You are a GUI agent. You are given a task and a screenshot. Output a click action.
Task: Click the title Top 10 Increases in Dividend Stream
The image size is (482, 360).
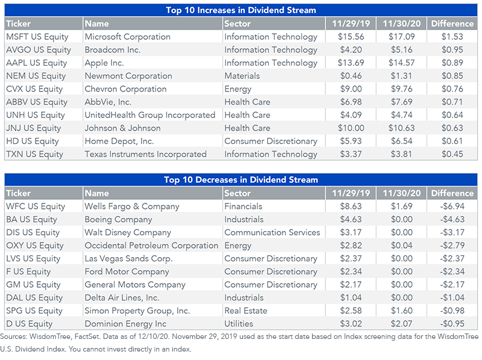pyautogui.click(x=241, y=10)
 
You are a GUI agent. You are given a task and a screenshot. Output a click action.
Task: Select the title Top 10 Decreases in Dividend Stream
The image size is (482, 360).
pyautogui.click(x=241, y=179)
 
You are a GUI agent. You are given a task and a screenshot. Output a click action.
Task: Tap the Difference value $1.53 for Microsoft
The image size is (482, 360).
pyautogui.click(x=452, y=37)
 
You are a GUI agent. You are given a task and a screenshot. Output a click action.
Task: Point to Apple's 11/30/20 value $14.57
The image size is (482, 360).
pyautogui.click(x=401, y=63)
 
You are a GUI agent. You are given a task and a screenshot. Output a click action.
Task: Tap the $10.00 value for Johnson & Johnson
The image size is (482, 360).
pyautogui.click(x=351, y=128)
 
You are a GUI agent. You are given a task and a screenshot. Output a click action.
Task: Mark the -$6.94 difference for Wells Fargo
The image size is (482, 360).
pyautogui.click(x=452, y=206)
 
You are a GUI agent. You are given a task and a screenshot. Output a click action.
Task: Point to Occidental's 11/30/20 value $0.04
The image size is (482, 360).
pyautogui.click(x=401, y=246)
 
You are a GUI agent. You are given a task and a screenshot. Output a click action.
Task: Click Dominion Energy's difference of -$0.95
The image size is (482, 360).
pyautogui.click(x=452, y=324)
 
